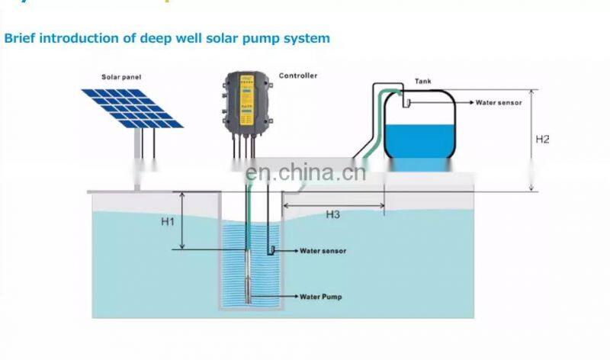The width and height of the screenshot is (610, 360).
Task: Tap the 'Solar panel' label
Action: pyautogui.click(x=122, y=77)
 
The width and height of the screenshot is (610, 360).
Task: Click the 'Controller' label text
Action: pyautogui.click(x=297, y=76)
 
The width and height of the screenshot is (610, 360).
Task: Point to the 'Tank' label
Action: pyautogui.click(x=422, y=79)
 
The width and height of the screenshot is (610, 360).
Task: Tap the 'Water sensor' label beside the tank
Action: pyautogui.click(x=499, y=102)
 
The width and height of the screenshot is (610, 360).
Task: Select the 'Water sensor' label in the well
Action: pyautogui.click(x=323, y=250)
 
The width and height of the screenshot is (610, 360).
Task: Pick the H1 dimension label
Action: pyautogui.click(x=169, y=222)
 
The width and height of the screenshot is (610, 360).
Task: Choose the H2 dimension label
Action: pyautogui.click(x=542, y=140)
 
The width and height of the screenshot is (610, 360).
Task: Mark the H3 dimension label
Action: pyautogui.click(x=332, y=214)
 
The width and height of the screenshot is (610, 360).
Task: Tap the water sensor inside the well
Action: pyautogui.click(x=270, y=249)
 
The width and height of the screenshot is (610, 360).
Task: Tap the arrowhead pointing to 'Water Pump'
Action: pyautogui.click(x=294, y=296)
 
